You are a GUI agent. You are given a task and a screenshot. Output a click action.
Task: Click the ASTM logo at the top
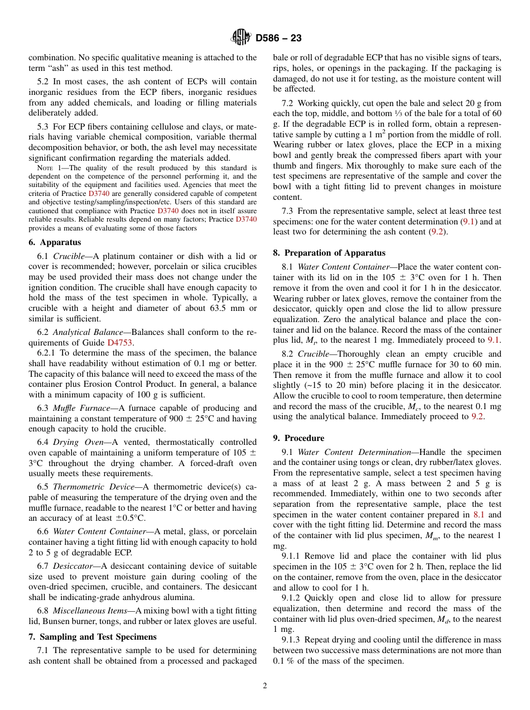click(241, 38)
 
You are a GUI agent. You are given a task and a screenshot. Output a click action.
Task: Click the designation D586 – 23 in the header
click(278, 38)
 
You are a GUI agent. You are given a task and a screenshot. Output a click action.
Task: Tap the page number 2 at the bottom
click(265, 686)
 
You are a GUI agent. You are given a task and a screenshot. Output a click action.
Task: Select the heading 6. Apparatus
click(55, 242)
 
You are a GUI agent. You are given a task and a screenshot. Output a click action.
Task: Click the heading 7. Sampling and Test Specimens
click(92, 637)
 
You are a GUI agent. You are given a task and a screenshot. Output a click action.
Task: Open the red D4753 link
click(120, 343)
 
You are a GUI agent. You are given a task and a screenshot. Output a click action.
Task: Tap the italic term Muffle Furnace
click(77, 408)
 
